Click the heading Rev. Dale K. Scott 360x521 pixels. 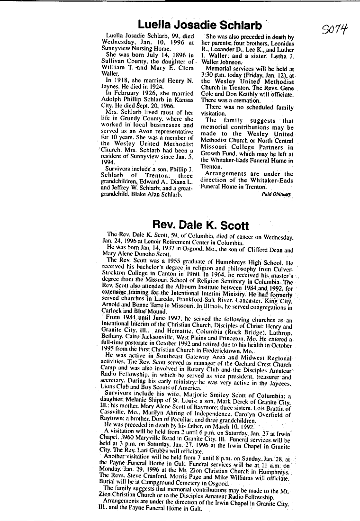(201, 225)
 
